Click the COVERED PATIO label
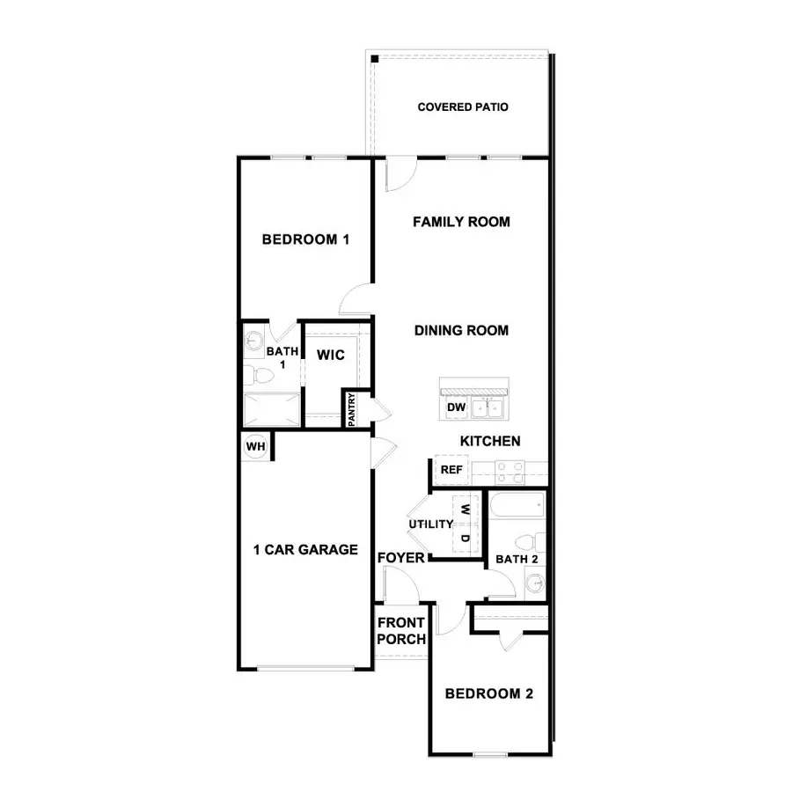462,107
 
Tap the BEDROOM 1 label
306,239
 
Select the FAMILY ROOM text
461,222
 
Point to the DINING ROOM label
461,331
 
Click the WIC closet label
330,356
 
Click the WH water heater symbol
255,447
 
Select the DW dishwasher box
455,407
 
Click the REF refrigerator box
451,470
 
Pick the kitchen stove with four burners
508,473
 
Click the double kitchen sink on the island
486,407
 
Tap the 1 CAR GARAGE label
305,550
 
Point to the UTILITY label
430,525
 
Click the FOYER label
401,559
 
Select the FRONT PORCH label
401,630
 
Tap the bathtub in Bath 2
517,507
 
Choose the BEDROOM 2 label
488,693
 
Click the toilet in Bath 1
260,377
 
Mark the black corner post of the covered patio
374,58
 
